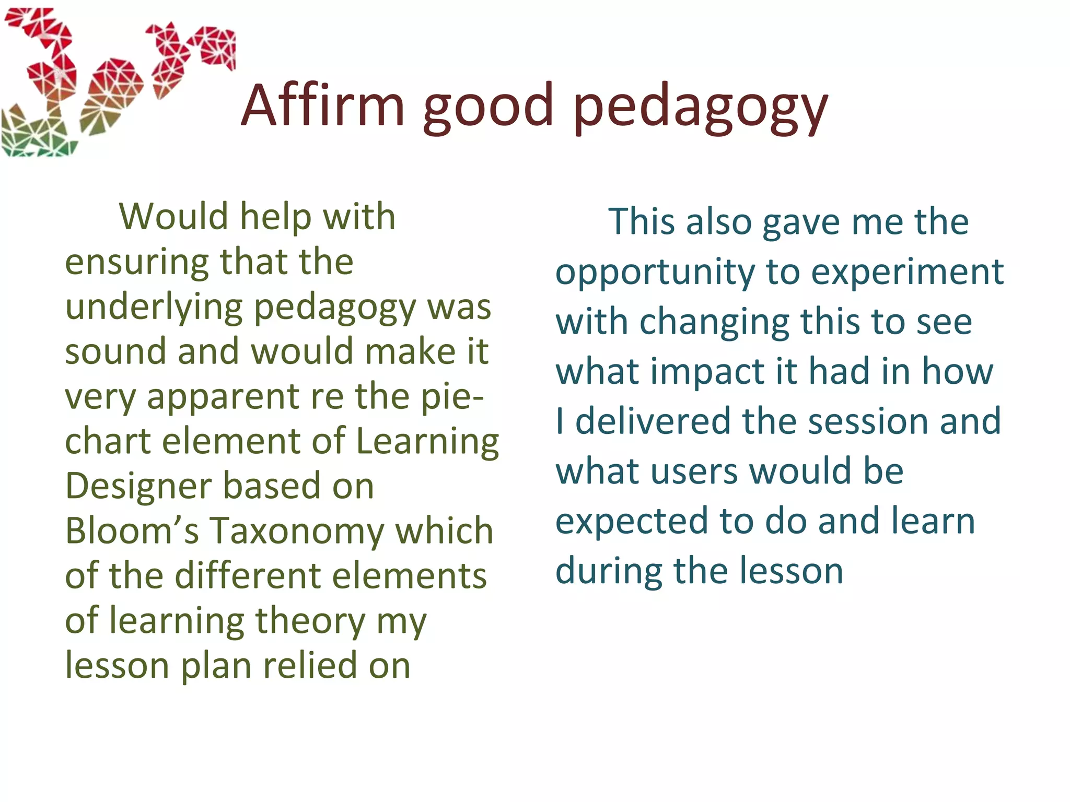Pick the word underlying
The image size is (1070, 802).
[x=154, y=308]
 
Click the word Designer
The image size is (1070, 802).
[x=138, y=487]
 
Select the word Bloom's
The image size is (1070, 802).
[x=132, y=532]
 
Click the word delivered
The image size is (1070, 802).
[x=653, y=421]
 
